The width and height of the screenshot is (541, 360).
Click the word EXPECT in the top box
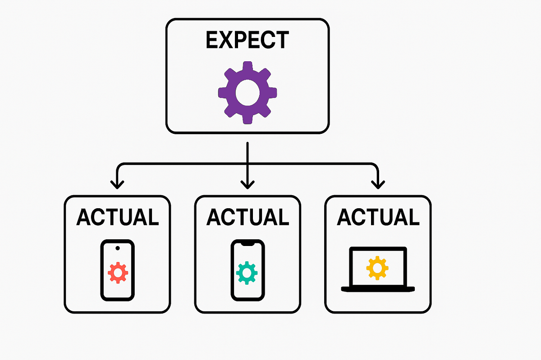pyautogui.click(x=247, y=40)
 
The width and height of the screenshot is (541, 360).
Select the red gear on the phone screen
pyautogui.click(x=118, y=273)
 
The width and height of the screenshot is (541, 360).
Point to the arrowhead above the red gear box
pyautogui.click(x=118, y=184)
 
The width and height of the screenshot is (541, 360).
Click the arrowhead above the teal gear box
pyautogui.click(x=247, y=184)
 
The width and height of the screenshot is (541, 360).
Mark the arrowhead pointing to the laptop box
pyautogui.click(x=377, y=184)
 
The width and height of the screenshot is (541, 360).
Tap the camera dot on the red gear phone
pyautogui.click(x=118, y=248)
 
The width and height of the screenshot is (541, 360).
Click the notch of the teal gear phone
pyautogui.click(x=248, y=243)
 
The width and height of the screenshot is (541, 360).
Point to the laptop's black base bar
pyautogui.click(x=378, y=288)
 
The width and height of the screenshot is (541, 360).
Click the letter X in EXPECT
pyautogui.click(x=225, y=40)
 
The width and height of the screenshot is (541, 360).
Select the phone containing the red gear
pyautogui.click(x=118, y=270)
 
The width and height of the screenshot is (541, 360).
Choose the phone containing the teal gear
pyautogui.click(x=248, y=270)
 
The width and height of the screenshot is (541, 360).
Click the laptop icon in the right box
pyautogui.click(x=378, y=269)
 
